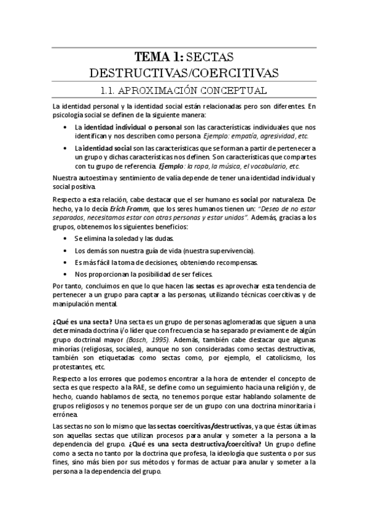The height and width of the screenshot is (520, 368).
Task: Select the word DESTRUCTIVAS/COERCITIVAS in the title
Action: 184,74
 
